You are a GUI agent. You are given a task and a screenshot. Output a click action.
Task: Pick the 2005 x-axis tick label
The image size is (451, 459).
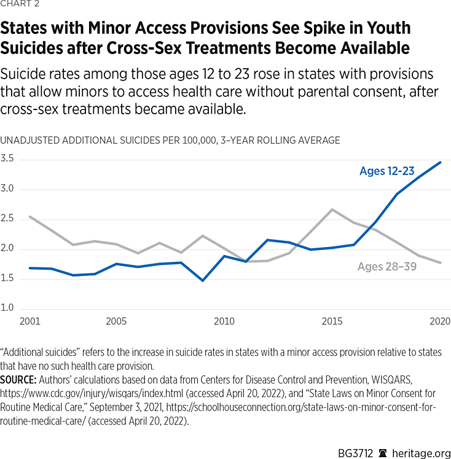pos(116,321)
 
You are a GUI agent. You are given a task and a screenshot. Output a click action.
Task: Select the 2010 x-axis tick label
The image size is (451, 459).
pos(224,321)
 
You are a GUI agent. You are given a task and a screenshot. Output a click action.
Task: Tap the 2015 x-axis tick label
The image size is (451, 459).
pos(332,321)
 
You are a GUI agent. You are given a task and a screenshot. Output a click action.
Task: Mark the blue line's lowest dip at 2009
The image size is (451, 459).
pos(203,281)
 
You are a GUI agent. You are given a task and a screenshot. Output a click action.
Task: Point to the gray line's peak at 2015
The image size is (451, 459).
pos(332,210)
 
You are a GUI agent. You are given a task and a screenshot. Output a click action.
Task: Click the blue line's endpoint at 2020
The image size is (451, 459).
pos(440,162)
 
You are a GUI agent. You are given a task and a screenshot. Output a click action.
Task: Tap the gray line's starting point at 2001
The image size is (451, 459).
pos(30,216)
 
